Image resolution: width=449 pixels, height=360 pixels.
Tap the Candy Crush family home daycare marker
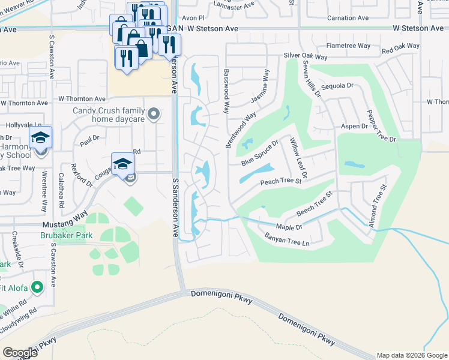[154, 113]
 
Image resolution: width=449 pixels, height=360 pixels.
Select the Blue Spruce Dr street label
[260, 154]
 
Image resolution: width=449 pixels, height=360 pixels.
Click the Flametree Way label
[348, 46]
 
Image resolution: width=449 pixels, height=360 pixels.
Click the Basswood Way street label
[226, 91]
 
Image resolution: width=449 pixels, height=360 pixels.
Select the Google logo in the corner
[20, 353]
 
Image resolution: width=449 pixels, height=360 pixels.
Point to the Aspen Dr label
[354, 127]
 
